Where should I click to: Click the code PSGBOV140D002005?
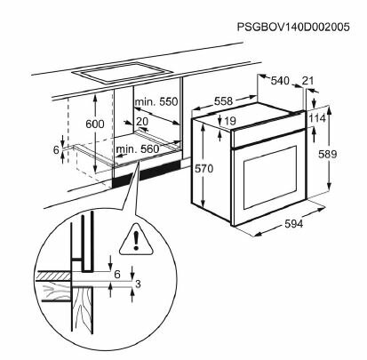[x=301, y=28]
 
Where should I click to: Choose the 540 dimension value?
[x=280, y=82]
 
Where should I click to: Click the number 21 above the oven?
[x=308, y=82]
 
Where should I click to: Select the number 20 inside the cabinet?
[x=143, y=122]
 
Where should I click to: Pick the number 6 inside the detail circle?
[x=116, y=274]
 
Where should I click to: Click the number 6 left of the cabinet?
[x=55, y=150]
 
